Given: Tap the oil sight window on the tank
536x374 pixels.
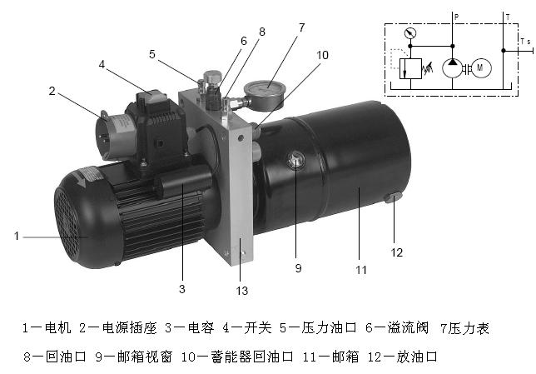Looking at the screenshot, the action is tap(295, 160).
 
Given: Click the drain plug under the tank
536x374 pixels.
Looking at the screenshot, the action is tap(394, 197).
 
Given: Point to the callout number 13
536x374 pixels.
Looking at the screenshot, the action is tap(241, 291).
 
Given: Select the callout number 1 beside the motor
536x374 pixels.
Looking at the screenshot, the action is tap(17, 236).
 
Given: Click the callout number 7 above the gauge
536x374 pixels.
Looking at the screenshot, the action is tap(301, 27).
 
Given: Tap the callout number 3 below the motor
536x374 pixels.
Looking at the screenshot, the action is tap(181, 289).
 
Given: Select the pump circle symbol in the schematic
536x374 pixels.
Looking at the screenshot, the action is tap(452, 67).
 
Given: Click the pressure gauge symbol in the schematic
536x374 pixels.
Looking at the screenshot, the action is tap(410, 33).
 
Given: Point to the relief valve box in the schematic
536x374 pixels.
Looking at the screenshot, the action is tap(410, 69).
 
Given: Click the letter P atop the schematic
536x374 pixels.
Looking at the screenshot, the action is tap(456, 17).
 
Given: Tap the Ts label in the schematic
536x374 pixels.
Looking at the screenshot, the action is tap(525, 42).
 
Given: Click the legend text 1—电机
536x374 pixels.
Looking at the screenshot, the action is tap(47, 328).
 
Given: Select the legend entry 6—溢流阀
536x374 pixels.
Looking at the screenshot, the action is tap(396, 328).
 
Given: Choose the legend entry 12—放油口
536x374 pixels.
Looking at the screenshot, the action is tap(403, 357).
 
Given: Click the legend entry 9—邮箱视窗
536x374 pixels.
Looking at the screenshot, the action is tap(134, 357).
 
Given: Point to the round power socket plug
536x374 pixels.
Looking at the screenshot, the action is tap(112, 135).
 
